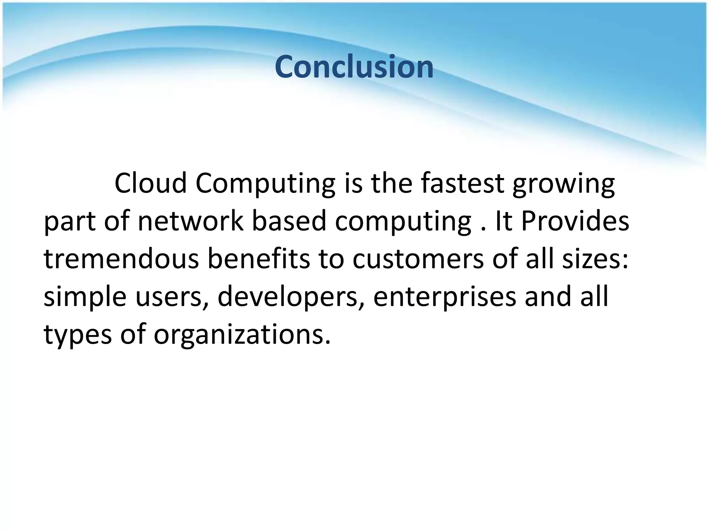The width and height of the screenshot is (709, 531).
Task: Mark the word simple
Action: coord(85,298)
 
